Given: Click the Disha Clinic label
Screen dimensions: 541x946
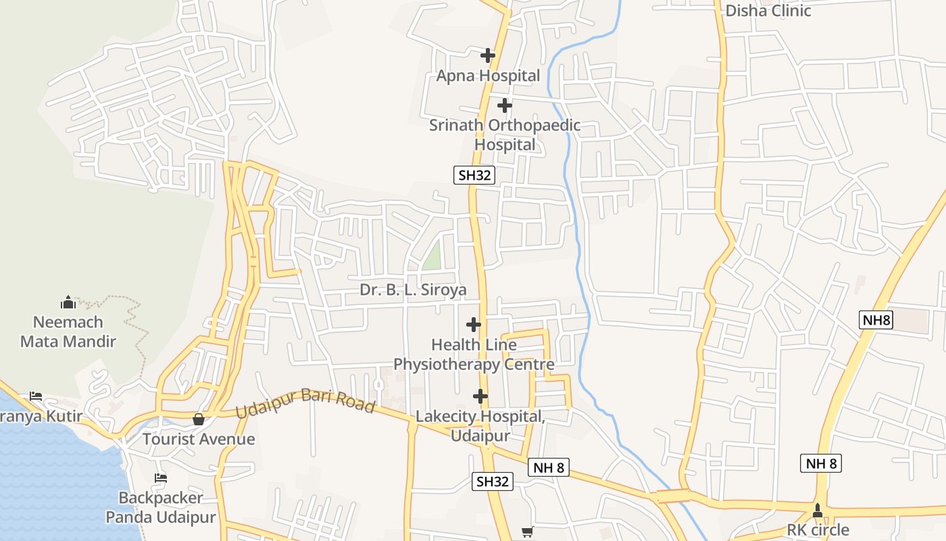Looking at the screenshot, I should pyautogui.click(x=768, y=11).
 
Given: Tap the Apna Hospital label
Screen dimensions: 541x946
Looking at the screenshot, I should pyautogui.click(x=488, y=76).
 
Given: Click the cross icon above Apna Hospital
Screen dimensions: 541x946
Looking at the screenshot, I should pyautogui.click(x=487, y=55).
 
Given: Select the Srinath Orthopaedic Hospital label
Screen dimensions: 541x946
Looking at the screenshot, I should pyautogui.click(x=505, y=135).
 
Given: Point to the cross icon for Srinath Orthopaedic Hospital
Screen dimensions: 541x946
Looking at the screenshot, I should pyautogui.click(x=505, y=105).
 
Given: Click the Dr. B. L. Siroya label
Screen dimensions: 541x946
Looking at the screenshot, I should pyautogui.click(x=413, y=290).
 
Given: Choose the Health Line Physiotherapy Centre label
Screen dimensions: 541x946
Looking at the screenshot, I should pyautogui.click(x=474, y=354).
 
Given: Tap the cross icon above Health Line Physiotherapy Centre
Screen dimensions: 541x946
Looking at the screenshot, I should pyautogui.click(x=474, y=325).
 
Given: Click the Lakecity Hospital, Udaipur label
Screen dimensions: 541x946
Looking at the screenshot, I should pyautogui.click(x=480, y=425).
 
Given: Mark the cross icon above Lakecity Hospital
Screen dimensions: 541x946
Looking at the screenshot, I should pyautogui.click(x=480, y=396).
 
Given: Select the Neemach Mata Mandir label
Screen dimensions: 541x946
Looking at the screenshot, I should pyautogui.click(x=68, y=331).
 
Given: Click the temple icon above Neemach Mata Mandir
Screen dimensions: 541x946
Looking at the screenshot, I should pyautogui.click(x=68, y=302).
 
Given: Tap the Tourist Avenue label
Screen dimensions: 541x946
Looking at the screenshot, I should pyautogui.click(x=199, y=439).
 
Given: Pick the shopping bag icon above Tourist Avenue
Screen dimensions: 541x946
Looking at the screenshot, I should pyautogui.click(x=199, y=419).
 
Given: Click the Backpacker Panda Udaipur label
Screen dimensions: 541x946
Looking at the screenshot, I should pyautogui.click(x=161, y=507).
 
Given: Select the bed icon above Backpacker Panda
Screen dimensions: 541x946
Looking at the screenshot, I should pyautogui.click(x=161, y=478).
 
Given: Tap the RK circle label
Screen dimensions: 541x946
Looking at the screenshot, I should pyautogui.click(x=818, y=530).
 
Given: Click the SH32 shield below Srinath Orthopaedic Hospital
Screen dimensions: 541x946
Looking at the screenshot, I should pyautogui.click(x=474, y=175).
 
